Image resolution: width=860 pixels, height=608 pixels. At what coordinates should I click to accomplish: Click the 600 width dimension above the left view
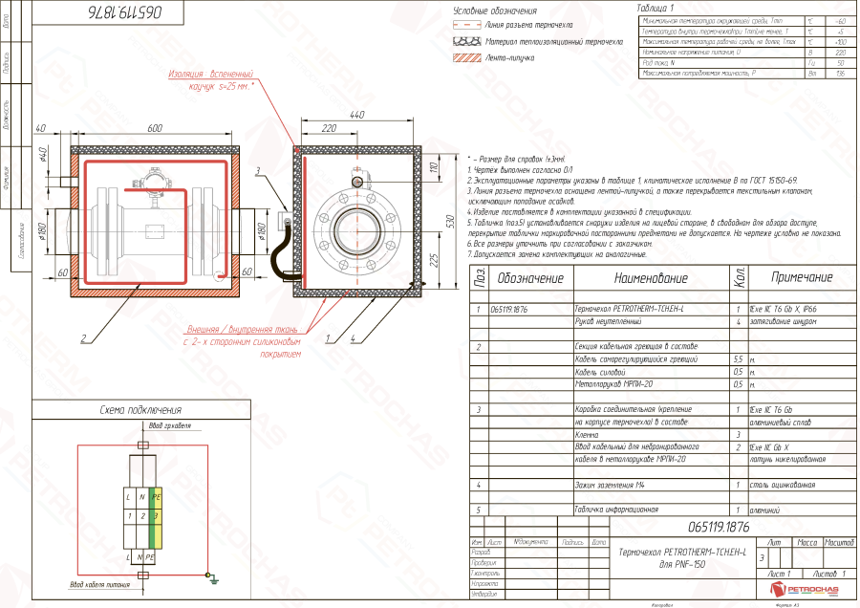(154, 128)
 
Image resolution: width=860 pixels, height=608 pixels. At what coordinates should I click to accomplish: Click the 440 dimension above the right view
(357, 115)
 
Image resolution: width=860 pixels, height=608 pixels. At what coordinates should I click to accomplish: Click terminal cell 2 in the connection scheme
(141, 516)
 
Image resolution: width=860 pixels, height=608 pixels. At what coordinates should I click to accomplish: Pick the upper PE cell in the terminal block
(155, 497)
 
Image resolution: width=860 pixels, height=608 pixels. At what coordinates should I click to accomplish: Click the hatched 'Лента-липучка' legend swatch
(464, 58)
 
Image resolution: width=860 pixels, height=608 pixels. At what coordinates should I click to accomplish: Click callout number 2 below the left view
(84, 338)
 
